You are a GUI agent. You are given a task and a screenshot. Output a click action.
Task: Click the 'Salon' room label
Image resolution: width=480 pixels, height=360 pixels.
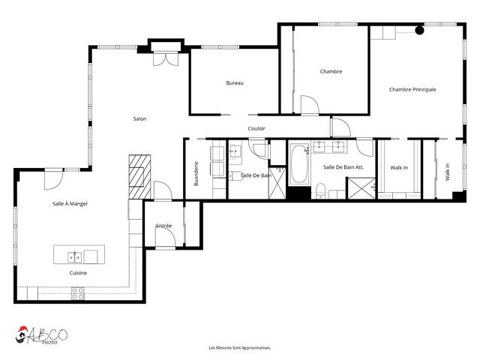(139, 118)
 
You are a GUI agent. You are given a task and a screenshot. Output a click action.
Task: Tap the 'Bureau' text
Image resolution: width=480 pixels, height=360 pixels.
(235, 82)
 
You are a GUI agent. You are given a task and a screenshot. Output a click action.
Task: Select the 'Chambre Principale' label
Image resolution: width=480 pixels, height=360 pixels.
(412, 89)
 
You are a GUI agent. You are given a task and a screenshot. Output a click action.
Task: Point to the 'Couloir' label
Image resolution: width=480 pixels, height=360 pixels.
(256, 128)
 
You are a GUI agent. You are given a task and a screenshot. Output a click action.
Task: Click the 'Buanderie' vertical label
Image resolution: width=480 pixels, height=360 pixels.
(196, 173)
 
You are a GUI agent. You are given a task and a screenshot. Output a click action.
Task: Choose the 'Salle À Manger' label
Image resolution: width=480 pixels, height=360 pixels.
(70, 203)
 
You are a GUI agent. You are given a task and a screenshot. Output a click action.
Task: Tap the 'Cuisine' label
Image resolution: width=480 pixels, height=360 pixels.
(78, 273)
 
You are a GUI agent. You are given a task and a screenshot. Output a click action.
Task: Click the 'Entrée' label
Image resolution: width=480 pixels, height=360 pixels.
(163, 225)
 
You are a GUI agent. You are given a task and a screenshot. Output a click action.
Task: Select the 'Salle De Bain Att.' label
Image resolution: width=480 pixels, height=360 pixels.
(343, 167)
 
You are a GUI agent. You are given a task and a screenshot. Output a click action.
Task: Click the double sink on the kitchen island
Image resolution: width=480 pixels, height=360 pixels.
(75, 257)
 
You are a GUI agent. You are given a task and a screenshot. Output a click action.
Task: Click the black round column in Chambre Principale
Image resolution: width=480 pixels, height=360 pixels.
(419, 31)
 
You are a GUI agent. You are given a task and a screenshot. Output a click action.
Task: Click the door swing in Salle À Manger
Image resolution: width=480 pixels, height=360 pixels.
(53, 179)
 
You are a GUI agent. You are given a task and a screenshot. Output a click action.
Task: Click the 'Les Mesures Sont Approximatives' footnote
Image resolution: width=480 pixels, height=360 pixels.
(239, 348)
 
